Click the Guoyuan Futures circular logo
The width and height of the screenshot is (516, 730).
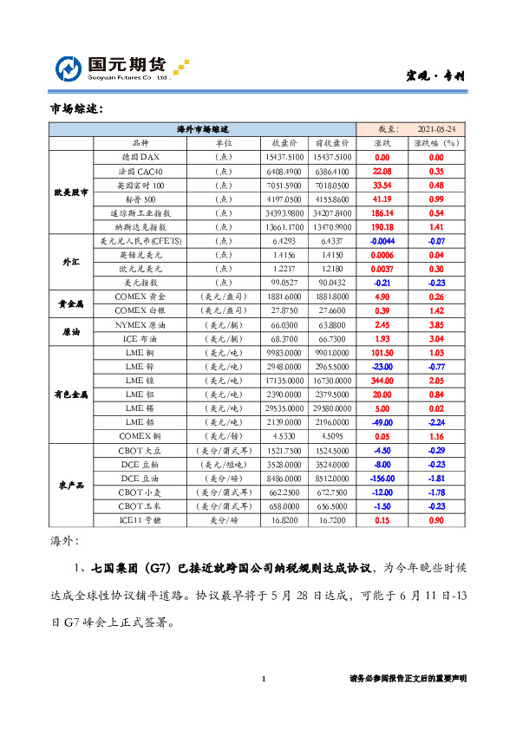[x=69, y=69]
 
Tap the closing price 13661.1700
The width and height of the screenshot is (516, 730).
[x=284, y=226]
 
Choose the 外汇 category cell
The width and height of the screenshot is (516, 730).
[x=70, y=261]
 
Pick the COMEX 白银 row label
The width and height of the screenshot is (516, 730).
[x=140, y=310]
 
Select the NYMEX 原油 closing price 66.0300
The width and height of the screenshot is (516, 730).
[x=284, y=323]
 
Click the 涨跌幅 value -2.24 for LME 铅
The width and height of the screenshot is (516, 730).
[x=436, y=421]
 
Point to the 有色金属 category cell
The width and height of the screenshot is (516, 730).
[x=70, y=394]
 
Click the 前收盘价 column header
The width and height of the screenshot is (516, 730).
[x=330, y=142]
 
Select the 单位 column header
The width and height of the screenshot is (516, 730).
[x=222, y=142]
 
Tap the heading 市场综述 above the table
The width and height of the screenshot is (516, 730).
[x=76, y=108]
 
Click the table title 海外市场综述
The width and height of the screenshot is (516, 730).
[x=201, y=127]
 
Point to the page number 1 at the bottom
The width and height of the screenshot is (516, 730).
[x=263, y=679]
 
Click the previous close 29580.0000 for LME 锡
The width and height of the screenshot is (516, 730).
[x=330, y=407]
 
